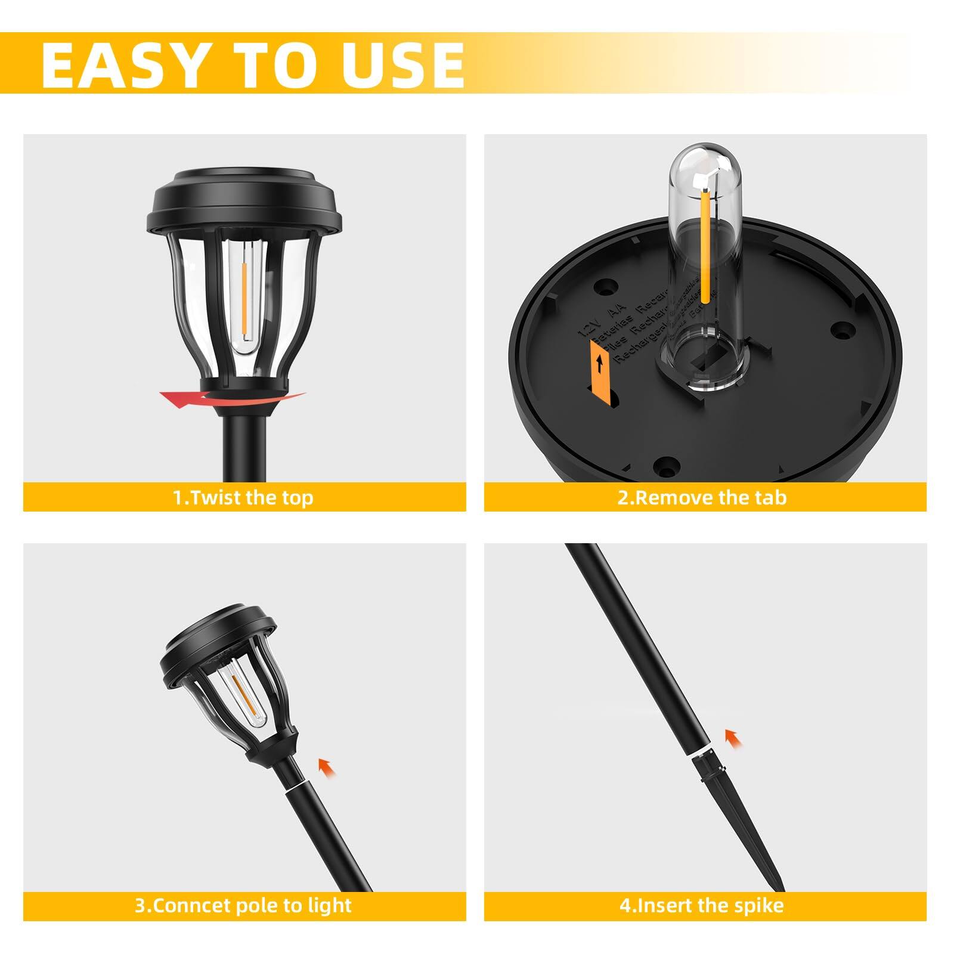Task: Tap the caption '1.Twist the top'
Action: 243,497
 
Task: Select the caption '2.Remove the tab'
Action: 702,497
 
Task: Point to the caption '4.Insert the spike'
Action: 702,905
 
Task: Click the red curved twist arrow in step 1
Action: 179,399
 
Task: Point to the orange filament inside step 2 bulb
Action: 706,244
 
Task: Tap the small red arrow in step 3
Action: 326,766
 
